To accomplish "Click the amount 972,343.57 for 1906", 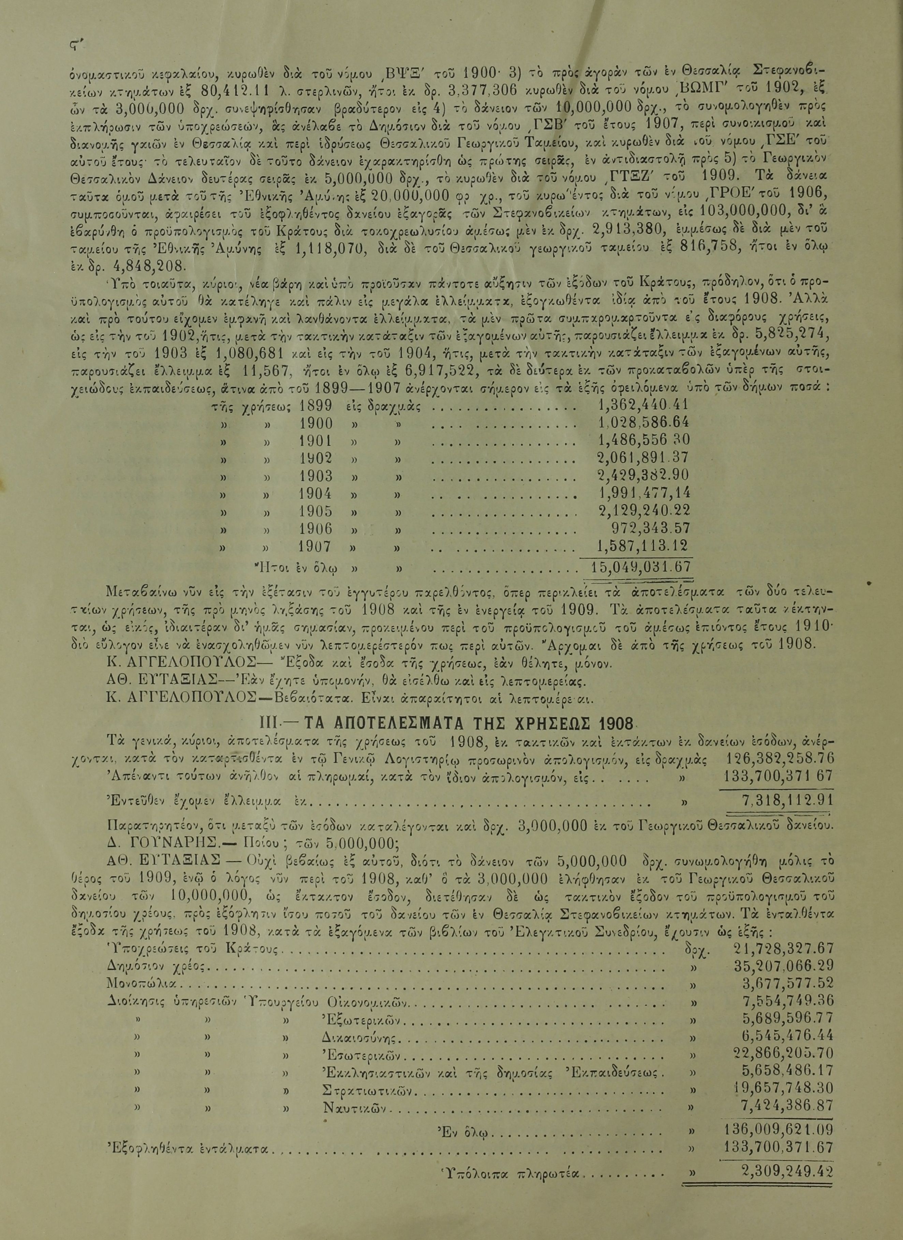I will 650,528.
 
